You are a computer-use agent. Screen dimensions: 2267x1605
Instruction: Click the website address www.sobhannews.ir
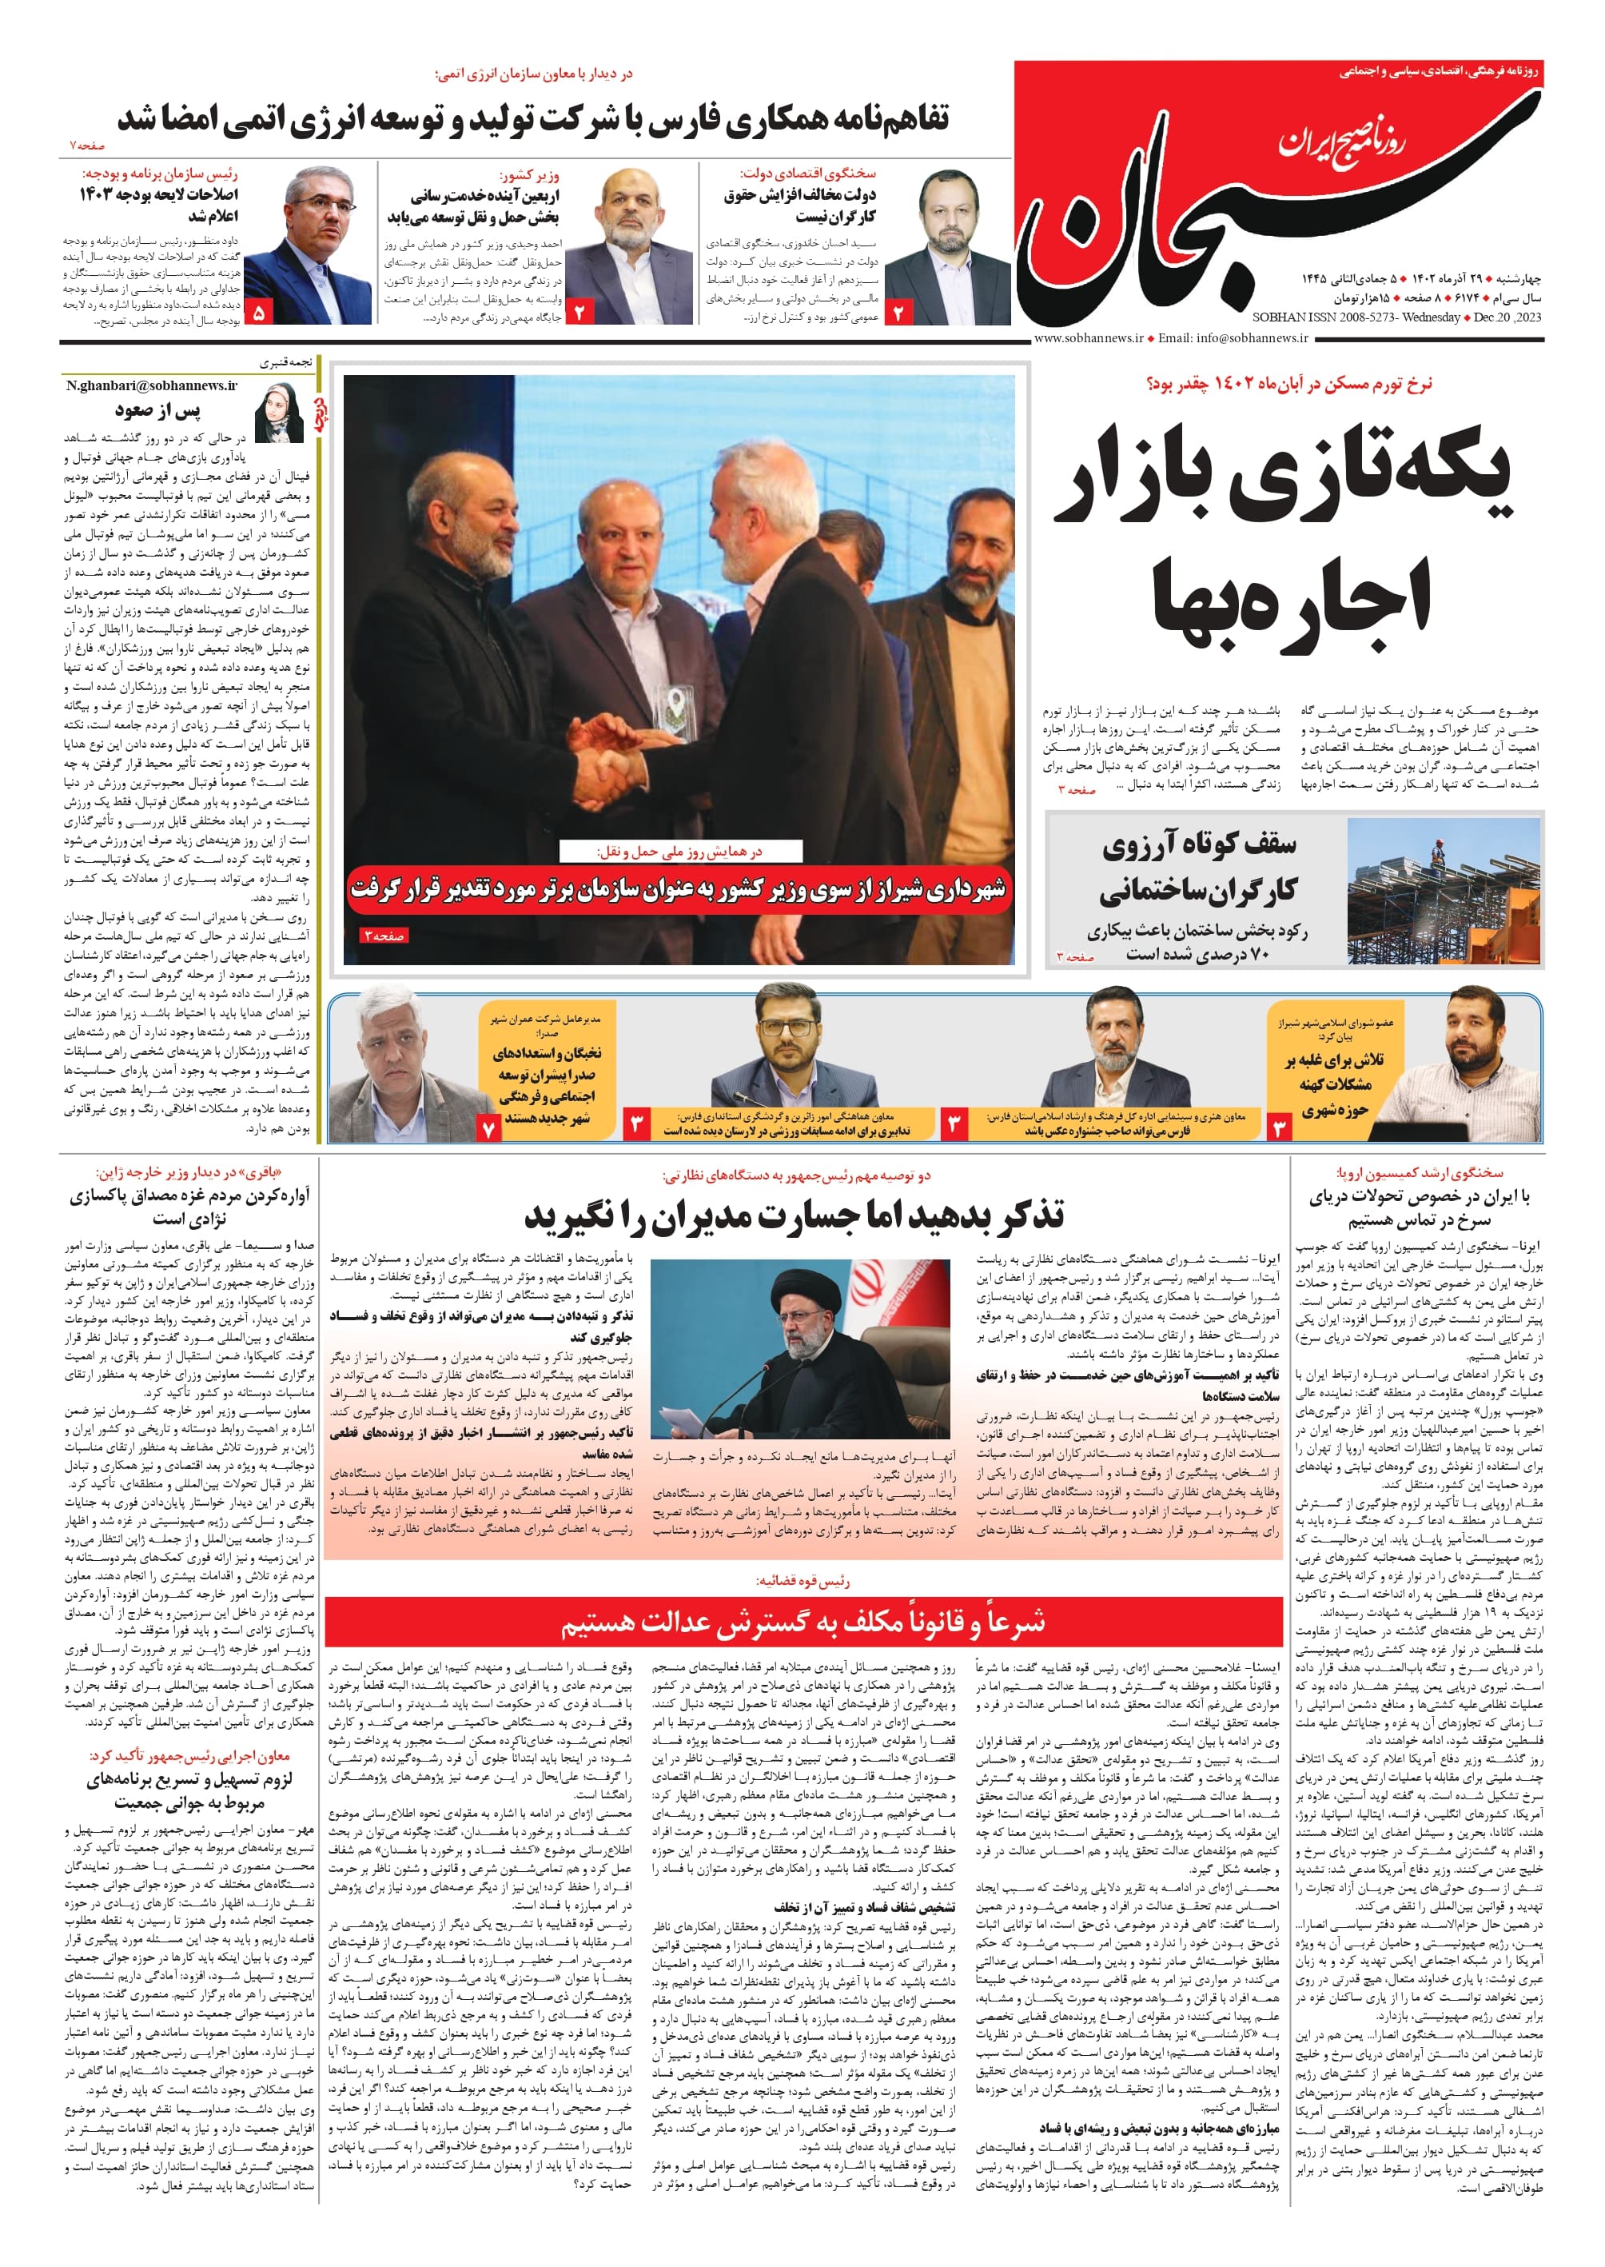pos(1088,338)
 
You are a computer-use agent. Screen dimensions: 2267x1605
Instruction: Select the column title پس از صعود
pos(157,409)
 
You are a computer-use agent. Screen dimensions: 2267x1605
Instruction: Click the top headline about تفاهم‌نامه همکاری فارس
pos(534,118)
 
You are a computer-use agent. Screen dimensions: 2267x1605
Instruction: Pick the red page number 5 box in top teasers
pos(259,313)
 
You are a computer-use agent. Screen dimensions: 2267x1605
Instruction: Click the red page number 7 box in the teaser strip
pos(488,1126)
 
